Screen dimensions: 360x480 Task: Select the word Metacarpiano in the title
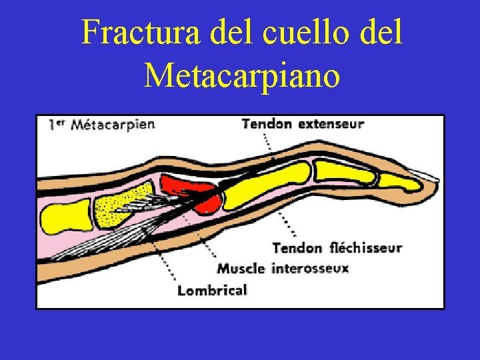pyautogui.click(x=241, y=75)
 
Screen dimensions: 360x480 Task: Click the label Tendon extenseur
pyautogui.click(x=303, y=124)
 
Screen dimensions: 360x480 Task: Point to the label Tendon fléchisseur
pyautogui.click(x=337, y=248)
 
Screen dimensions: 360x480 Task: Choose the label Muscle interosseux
pyautogui.click(x=283, y=269)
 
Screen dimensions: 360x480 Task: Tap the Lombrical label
pyautogui.click(x=212, y=290)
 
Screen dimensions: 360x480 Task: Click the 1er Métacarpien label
pyautogui.click(x=101, y=124)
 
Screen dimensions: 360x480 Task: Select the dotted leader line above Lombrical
pyautogui.click(x=163, y=260)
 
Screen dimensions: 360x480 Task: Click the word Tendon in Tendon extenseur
pyautogui.click(x=267, y=124)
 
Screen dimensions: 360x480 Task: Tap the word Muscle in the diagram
pyautogui.click(x=241, y=269)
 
